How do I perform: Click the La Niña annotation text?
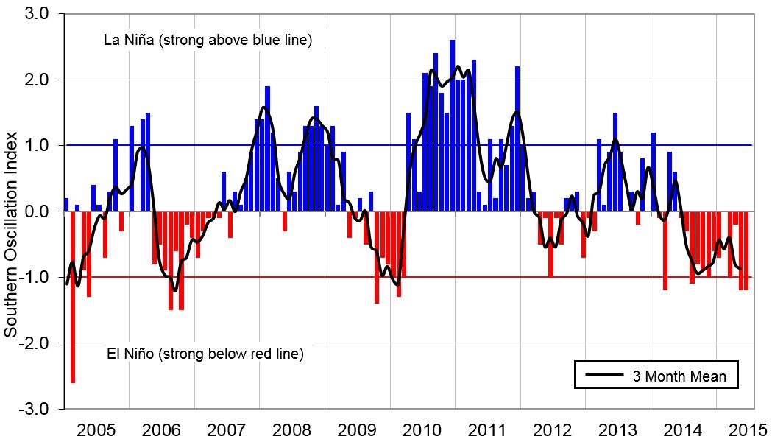click(208, 40)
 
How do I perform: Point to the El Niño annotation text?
click(205, 354)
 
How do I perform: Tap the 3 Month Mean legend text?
click(679, 376)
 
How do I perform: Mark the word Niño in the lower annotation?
click(138, 354)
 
